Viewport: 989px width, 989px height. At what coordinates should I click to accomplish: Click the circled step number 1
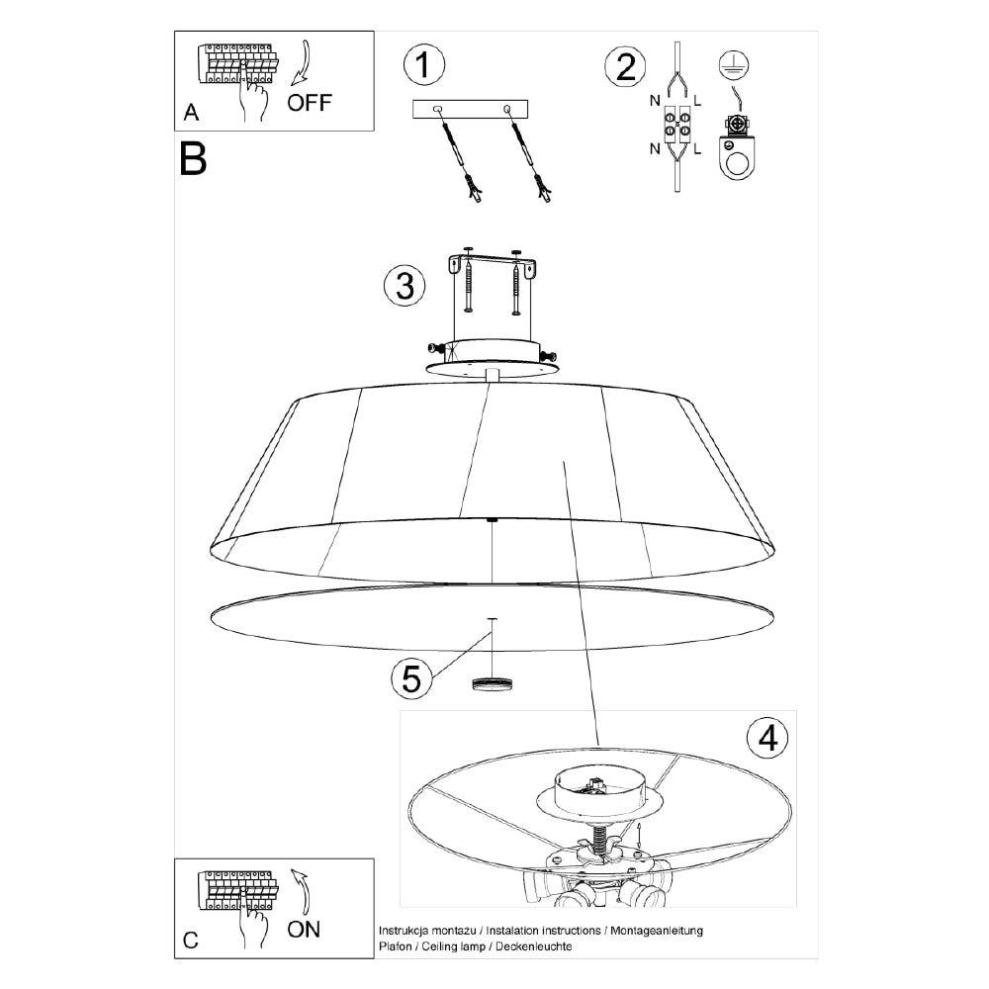(x=423, y=66)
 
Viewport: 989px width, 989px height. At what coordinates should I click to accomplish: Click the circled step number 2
(x=625, y=66)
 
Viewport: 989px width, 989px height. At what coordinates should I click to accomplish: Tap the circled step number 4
(x=767, y=736)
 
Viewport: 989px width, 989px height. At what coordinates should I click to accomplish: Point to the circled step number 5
(x=410, y=678)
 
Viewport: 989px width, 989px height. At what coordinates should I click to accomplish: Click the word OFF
(x=311, y=104)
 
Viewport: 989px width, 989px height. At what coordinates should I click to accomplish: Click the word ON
(x=304, y=929)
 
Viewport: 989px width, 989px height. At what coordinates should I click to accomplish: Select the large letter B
(x=193, y=159)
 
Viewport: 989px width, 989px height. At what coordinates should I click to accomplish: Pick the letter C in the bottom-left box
(x=191, y=941)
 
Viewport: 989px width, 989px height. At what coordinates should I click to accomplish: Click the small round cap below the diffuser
(x=493, y=683)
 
